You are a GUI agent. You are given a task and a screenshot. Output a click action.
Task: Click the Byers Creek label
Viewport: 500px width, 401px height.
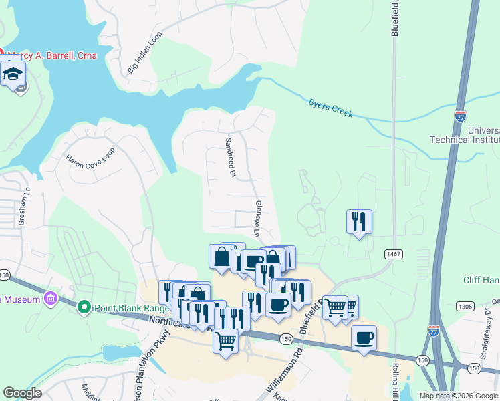[x=330, y=108]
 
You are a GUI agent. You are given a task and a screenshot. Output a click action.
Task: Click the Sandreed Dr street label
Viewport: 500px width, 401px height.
[x=231, y=158]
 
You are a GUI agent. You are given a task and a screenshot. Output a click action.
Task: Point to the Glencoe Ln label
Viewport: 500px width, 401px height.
[x=257, y=219]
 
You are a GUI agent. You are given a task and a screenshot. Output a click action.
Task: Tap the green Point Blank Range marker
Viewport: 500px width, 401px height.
[x=84, y=307]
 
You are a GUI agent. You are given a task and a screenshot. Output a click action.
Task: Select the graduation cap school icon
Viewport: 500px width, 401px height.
[x=13, y=74]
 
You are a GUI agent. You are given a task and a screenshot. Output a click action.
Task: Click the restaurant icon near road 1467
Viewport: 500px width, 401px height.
[x=359, y=221]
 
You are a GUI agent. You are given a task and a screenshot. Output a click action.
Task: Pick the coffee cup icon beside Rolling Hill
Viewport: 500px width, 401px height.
[x=364, y=338]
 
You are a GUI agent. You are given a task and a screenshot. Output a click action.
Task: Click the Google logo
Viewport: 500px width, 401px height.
[x=22, y=393]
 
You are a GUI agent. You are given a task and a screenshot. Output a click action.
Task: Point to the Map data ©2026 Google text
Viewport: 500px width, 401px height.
[x=458, y=396]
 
